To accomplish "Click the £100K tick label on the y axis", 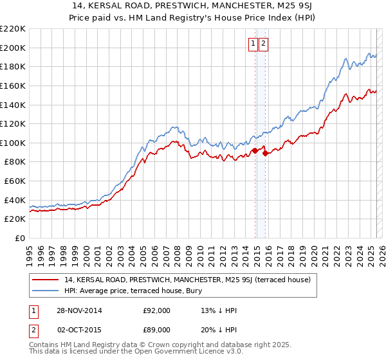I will [13, 143].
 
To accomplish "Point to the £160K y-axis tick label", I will [13, 85].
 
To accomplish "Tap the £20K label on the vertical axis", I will [15, 219].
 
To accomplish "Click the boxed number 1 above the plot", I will [253, 44].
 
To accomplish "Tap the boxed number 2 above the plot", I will [264, 44].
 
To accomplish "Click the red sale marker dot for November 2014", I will [255, 150].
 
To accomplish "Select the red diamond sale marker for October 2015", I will [265, 154].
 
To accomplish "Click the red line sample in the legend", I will [46, 280].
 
